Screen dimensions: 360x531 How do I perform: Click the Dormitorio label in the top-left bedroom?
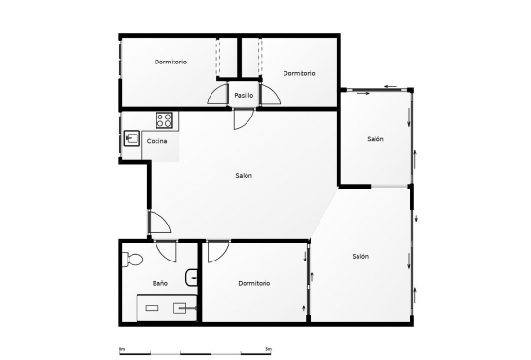tap(171, 62)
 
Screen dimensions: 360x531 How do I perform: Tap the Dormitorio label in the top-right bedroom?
tap(299, 73)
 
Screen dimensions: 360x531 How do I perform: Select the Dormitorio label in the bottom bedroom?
tap(254, 283)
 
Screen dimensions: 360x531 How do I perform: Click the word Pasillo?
tap(245, 95)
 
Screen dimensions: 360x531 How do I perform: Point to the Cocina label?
tap(157, 141)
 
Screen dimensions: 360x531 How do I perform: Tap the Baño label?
tap(160, 283)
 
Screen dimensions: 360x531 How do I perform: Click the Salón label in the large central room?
tap(244, 175)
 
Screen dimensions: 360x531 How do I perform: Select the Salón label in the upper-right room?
tap(375, 139)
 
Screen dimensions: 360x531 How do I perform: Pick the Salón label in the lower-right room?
tap(360, 256)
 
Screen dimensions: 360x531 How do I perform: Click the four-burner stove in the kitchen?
tap(163, 120)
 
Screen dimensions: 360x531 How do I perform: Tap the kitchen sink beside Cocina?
tap(132, 139)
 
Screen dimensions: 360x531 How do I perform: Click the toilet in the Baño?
tap(133, 257)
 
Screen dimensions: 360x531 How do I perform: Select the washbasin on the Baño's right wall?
tap(192, 277)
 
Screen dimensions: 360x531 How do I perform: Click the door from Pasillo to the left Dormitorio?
tap(218, 96)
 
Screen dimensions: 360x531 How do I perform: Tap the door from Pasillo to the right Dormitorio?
tap(270, 96)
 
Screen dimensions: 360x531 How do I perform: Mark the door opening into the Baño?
tap(166, 250)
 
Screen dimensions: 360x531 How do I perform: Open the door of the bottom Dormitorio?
tap(218, 250)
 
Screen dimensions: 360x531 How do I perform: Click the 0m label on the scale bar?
tap(121, 348)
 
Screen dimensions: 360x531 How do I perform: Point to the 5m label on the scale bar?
tap(269, 348)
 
